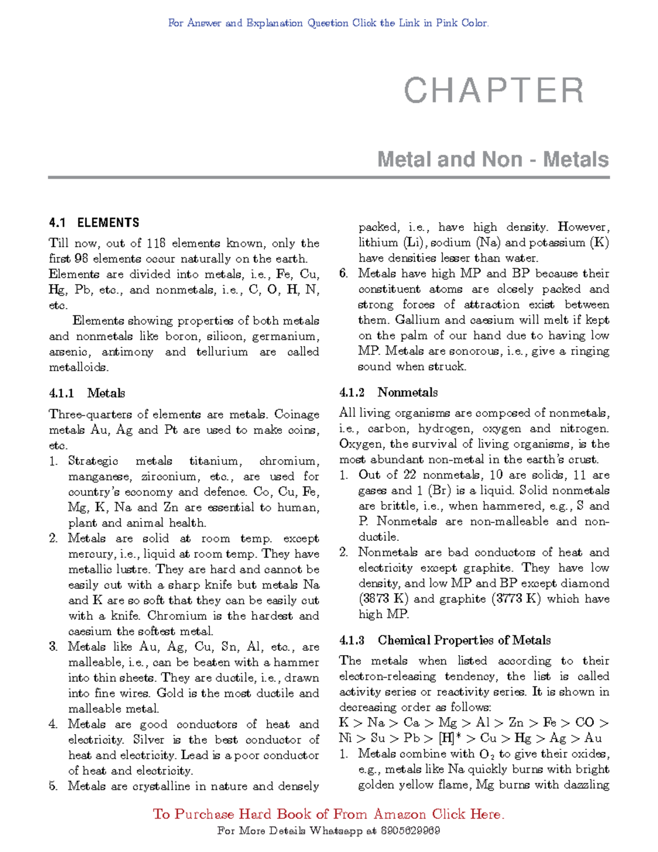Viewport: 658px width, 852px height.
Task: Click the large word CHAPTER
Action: coord(494,91)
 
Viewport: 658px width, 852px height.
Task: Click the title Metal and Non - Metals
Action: coord(493,160)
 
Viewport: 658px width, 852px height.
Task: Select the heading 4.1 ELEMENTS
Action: coord(94,223)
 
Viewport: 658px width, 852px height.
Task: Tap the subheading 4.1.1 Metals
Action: coord(87,393)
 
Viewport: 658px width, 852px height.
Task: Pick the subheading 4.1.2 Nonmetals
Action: coord(388,392)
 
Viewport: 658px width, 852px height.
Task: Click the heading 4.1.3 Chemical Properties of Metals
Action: coord(445,640)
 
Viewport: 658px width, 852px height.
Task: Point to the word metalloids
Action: coord(78,367)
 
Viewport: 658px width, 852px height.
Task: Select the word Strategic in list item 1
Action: coord(93,461)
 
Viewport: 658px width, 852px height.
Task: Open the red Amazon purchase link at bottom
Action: coord(328,814)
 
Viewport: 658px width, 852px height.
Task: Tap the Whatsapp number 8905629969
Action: coord(410,831)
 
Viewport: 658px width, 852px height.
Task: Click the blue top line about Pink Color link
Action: coord(328,23)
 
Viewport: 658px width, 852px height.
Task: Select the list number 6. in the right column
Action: coord(344,273)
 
